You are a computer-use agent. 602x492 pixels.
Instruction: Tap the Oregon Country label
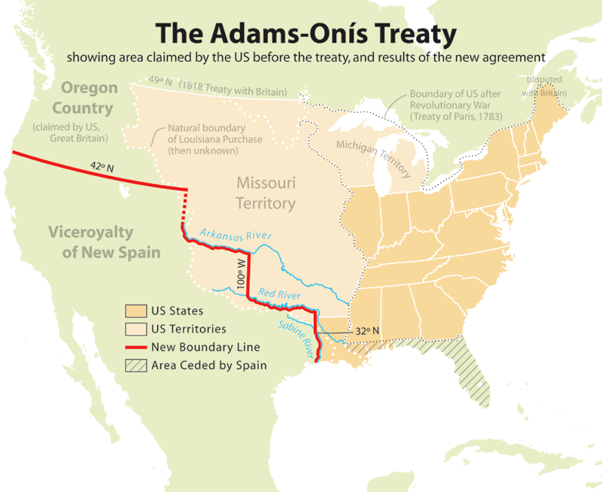[x=90, y=98]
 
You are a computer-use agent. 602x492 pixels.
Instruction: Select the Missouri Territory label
[x=266, y=193]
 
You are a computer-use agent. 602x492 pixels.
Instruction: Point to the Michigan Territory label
[x=374, y=159]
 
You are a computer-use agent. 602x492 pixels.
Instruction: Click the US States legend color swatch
[x=135, y=311]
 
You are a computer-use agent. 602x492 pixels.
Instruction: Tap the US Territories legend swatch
[x=135, y=329]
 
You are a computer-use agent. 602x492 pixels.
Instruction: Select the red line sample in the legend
[x=135, y=348]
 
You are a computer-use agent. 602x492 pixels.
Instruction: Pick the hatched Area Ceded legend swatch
[x=135, y=366]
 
